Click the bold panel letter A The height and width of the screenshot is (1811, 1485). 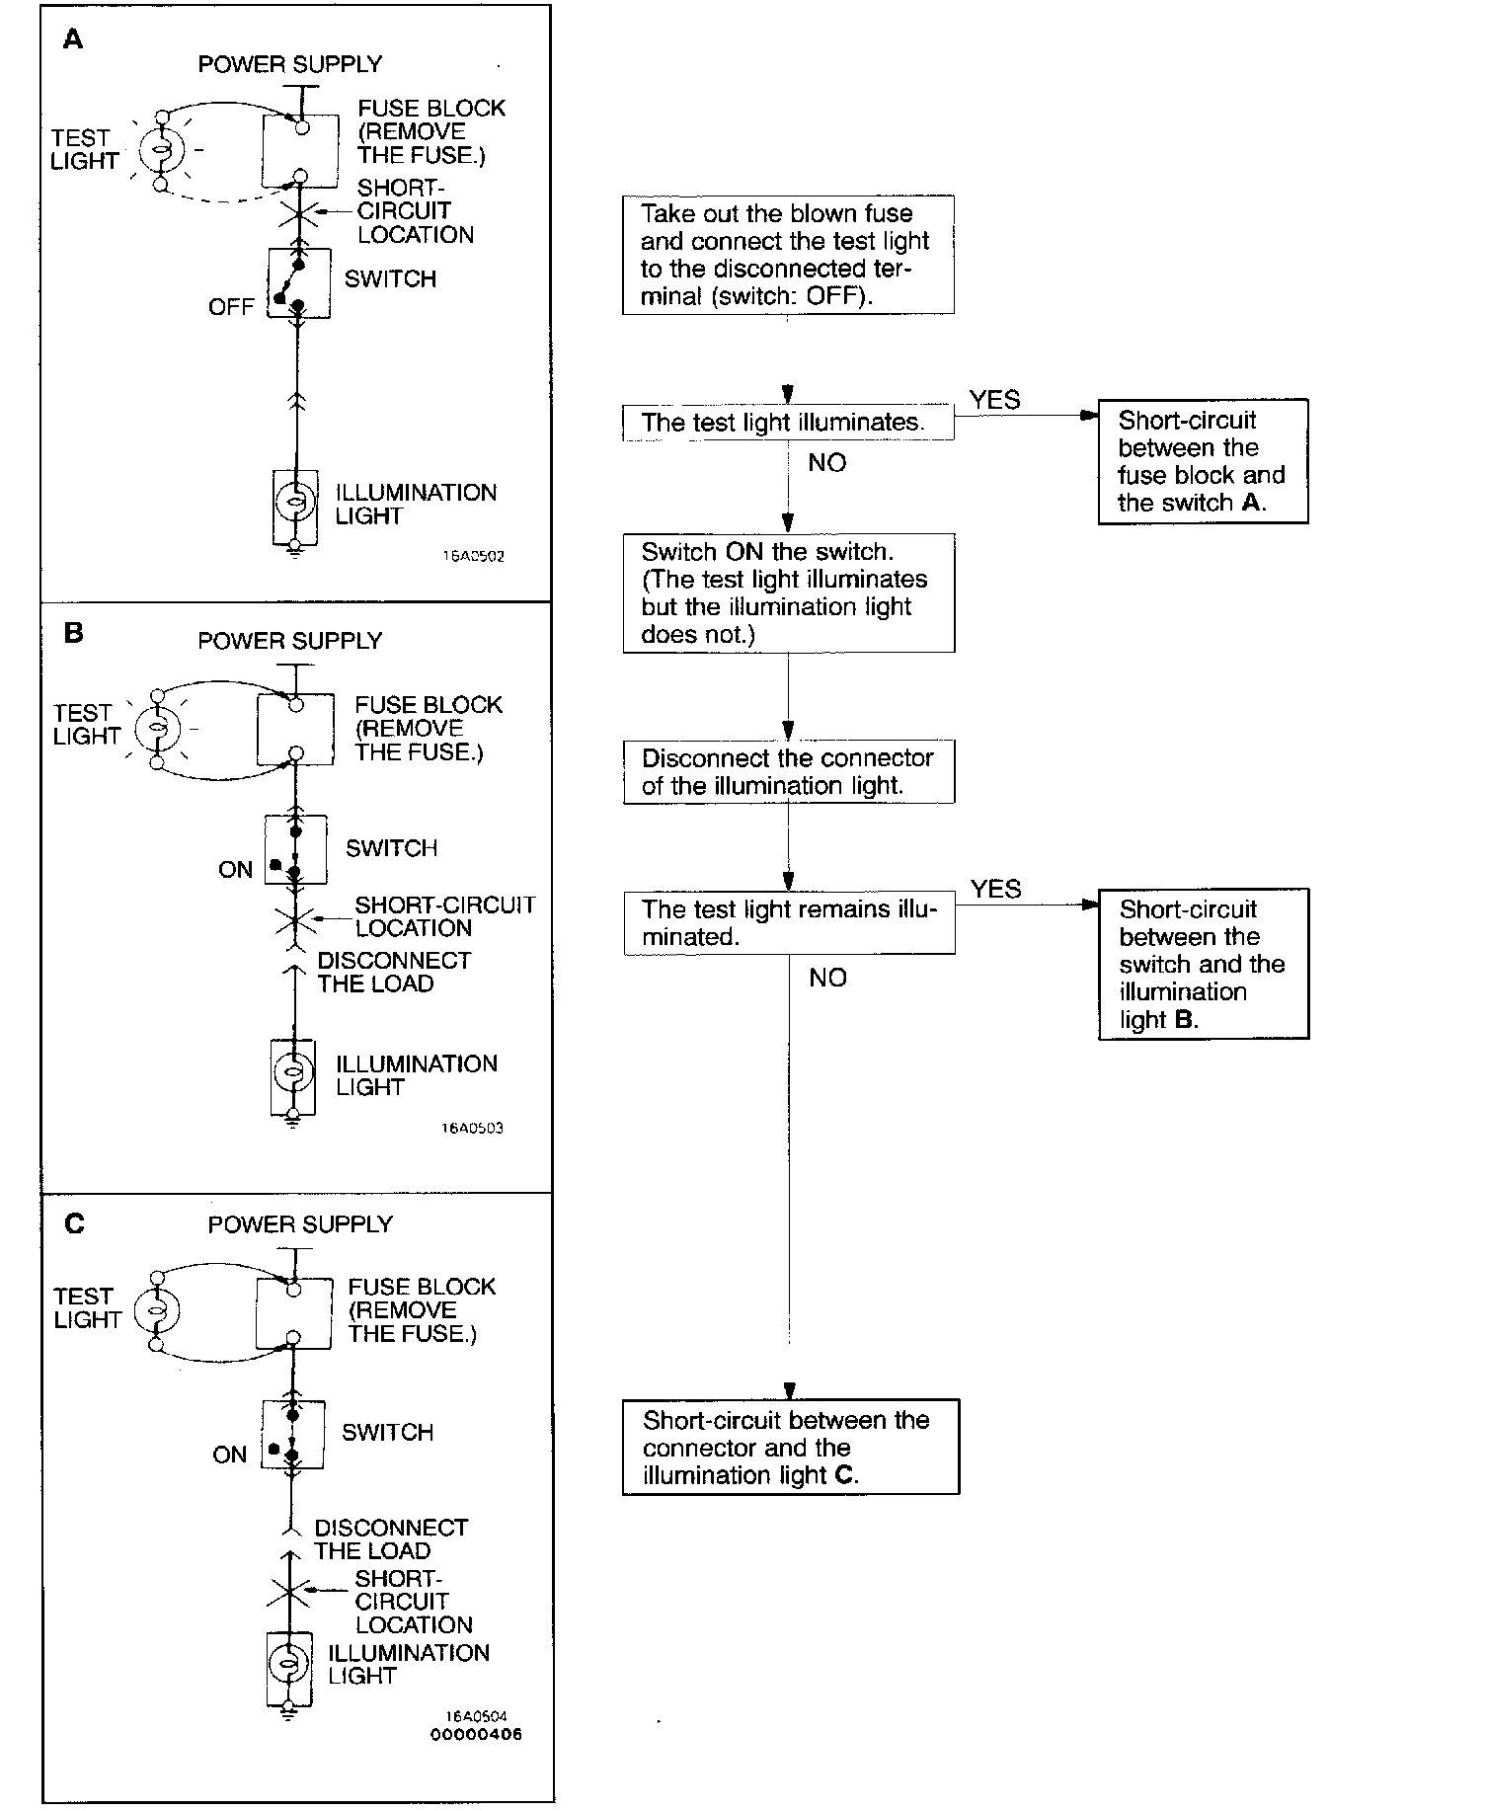pos(73,40)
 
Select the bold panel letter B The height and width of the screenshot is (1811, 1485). pos(73,632)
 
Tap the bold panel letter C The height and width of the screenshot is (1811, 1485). pos(74,1223)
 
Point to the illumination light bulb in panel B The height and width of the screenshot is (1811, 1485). pos(292,1073)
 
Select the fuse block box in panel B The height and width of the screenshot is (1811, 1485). pos(294,730)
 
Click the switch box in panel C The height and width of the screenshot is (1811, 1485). pos(293,1434)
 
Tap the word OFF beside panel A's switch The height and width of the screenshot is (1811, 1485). pos(231,307)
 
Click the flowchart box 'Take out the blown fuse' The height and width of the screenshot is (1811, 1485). pos(787,255)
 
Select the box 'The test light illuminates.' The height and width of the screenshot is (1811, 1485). pos(787,423)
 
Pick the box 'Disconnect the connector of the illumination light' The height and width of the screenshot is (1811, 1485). pos(788,772)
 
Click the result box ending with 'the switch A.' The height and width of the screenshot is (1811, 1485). pos(1202,461)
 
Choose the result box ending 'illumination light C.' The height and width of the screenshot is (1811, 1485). pos(790,1448)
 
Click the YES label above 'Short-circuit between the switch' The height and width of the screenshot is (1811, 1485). pos(995,889)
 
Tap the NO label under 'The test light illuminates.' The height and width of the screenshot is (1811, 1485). pos(826,462)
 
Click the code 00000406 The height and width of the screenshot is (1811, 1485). pos(476,1734)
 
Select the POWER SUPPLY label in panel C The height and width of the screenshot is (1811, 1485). pos(300,1224)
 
